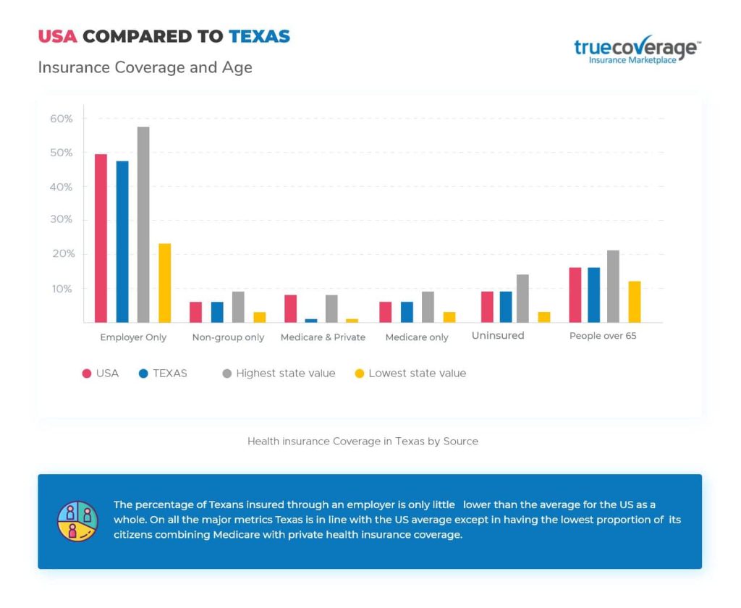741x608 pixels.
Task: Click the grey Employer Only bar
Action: tap(143, 224)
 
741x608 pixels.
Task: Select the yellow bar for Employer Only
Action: tap(165, 283)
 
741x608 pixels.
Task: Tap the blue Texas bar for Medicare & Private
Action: tap(311, 320)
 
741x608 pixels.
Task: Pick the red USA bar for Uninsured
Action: tap(487, 307)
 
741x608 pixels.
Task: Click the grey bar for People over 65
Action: tap(613, 286)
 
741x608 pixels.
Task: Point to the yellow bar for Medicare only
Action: tap(449, 317)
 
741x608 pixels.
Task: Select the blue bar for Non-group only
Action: tap(217, 312)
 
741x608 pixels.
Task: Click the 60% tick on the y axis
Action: tap(62, 119)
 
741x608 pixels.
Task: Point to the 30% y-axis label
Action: tap(62, 220)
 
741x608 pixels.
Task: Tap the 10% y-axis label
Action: tap(62, 289)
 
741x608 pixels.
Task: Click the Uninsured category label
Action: tap(498, 336)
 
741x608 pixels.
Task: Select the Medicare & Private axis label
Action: tap(323, 337)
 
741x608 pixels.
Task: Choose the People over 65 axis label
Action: tap(603, 336)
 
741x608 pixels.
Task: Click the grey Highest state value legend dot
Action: tap(226, 374)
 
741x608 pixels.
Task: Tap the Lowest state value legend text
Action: tap(417, 373)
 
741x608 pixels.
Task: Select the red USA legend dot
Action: tap(87, 374)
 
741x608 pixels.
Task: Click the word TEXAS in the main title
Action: tap(259, 36)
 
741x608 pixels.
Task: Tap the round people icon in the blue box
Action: tap(78, 521)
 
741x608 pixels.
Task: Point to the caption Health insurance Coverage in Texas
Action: tap(363, 441)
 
